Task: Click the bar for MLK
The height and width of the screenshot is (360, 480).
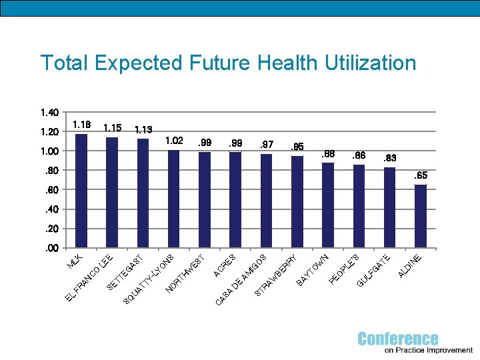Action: coord(81,191)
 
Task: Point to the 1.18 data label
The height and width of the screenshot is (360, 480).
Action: coord(82,125)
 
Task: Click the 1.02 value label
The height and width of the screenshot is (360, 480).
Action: coord(175,141)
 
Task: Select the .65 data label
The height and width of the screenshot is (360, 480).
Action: coord(421,176)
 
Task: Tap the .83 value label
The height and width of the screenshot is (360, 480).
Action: coord(390,159)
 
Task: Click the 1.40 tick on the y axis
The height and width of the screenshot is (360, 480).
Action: coord(49,111)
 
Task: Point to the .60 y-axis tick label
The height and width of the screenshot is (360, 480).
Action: coord(51,190)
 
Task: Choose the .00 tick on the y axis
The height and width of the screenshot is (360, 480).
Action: coord(51,249)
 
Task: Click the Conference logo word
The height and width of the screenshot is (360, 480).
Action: coord(398,339)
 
